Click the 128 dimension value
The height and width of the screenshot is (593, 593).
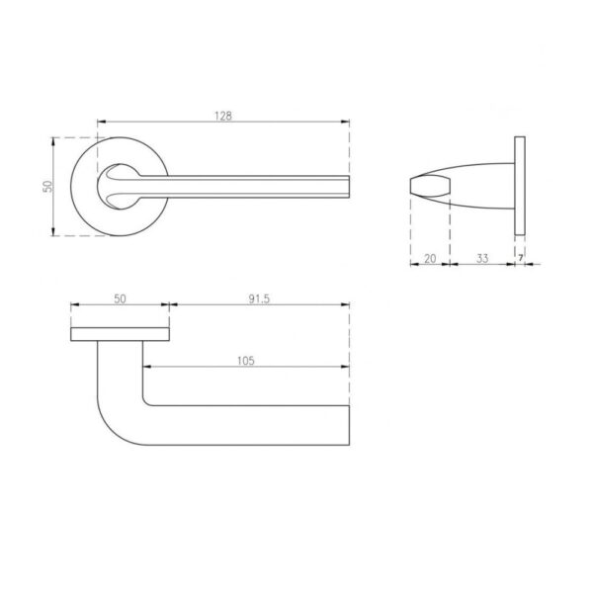223,116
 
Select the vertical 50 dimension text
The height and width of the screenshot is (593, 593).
47,186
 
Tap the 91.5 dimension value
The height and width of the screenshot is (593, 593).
259,298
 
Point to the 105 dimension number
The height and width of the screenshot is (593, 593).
246,361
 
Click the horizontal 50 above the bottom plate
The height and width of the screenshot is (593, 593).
120,298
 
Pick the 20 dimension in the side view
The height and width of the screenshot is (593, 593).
430,259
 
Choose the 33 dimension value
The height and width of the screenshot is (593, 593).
482,259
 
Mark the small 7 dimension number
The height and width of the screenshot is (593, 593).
521,258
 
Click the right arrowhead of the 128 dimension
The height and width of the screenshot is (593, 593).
345,122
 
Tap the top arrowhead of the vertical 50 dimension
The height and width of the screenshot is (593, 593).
53,141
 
